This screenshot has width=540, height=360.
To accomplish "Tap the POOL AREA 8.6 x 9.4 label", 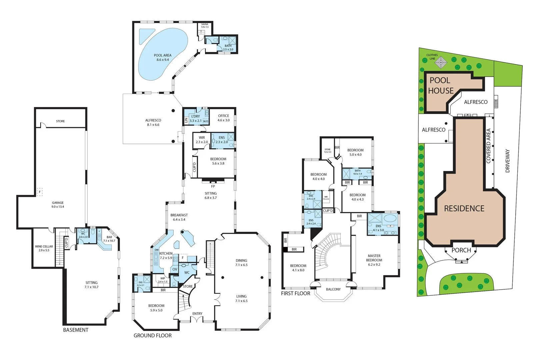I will (163, 58).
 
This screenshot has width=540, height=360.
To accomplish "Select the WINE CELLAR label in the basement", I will (44, 248).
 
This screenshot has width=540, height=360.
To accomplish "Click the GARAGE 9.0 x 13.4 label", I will (58, 205).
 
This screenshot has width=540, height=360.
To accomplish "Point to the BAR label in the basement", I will (109, 239).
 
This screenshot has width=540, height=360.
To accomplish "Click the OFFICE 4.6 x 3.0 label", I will (224, 118).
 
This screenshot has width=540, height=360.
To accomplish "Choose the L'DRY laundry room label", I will (196, 118).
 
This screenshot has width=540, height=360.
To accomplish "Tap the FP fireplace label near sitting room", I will (213, 186).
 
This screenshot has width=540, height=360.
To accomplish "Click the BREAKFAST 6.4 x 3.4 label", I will (179, 217).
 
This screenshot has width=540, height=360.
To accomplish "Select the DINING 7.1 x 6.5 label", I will (241, 263).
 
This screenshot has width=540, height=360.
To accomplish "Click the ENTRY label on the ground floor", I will (197, 314).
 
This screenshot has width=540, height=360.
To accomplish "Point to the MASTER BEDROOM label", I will (374, 260).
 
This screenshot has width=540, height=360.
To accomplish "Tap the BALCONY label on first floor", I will (333, 289).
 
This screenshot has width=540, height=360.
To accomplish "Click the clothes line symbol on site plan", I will (441, 62).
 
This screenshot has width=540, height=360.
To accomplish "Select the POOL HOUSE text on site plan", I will (440, 85).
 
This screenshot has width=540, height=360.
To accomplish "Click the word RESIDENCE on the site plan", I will (464, 209).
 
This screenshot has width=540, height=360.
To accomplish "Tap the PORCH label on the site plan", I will (461, 250).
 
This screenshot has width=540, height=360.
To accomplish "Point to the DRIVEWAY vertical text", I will (508, 161).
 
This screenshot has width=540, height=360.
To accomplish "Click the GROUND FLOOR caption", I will (153, 336).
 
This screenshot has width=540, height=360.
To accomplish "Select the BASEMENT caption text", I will (76, 330).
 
